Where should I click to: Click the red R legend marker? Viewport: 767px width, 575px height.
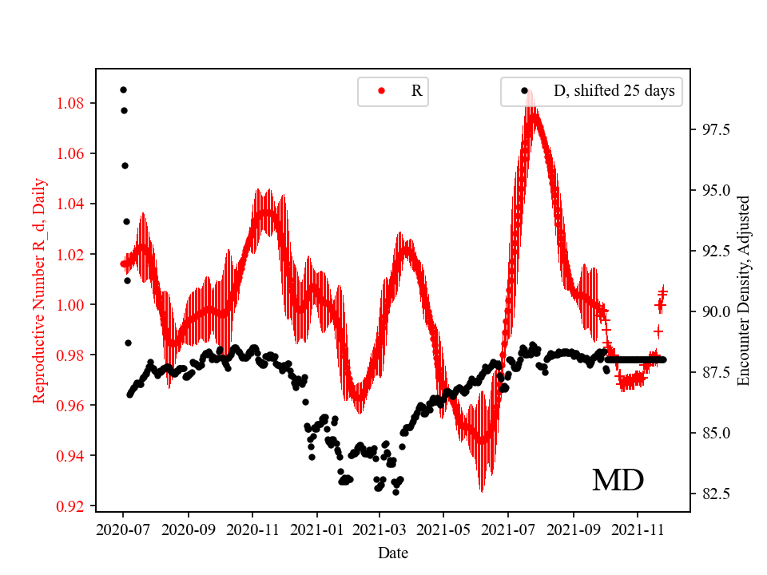[381, 91]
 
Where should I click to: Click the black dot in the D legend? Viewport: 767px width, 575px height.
[525, 91]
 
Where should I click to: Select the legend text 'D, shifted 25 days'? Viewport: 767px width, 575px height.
[614, 91]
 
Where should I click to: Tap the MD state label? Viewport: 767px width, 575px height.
[618, 480]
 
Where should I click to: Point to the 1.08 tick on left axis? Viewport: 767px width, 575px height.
[74, 103]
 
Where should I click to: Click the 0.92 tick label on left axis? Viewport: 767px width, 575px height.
[74, 506]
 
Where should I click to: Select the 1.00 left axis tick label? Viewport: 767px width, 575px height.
[74, 304]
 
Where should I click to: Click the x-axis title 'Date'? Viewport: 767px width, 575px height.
[393, 552]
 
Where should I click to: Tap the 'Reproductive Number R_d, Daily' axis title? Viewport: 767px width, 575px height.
[39, 291]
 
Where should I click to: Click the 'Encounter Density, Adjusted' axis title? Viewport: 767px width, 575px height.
[744, 291]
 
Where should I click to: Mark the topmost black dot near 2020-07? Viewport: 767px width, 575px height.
[123, 89]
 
